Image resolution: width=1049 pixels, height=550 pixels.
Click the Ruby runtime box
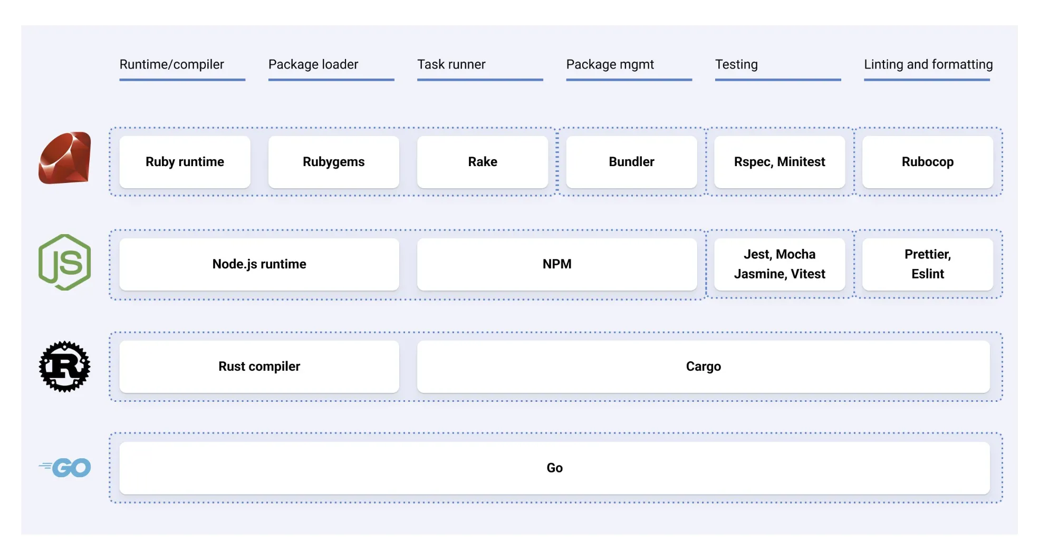tap(185, 162)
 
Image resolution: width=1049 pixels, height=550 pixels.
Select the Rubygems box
tap(333, 162)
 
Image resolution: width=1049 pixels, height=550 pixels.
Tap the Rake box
tap(482, 162)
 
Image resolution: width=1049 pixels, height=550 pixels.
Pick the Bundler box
tap(631, 162)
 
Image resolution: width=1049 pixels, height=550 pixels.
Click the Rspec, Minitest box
tap(779, 162)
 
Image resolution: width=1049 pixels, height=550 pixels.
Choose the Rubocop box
tap(927, 162)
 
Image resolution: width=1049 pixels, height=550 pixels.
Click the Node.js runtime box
tap(259, 264)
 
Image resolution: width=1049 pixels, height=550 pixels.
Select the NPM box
tap(556, 264)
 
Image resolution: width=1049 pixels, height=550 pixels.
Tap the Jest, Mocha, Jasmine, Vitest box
tap(779, 264)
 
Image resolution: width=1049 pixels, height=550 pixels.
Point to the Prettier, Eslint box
tap(927, 264)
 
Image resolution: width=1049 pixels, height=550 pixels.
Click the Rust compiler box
tap(259, 366)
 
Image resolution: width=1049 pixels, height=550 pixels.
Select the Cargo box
tap(703, 366)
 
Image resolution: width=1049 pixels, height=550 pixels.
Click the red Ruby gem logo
tap(65, 158)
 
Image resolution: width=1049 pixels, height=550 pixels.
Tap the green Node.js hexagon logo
tap(65, 262)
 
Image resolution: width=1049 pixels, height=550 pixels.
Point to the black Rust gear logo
tap(65, 366)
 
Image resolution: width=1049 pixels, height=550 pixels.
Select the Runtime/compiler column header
tap(171, 64)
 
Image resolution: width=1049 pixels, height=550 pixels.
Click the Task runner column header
tap(451, 64)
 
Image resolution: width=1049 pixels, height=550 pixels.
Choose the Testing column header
tap(736, 64)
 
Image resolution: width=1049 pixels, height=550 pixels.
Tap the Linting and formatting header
tap(928, 64)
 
